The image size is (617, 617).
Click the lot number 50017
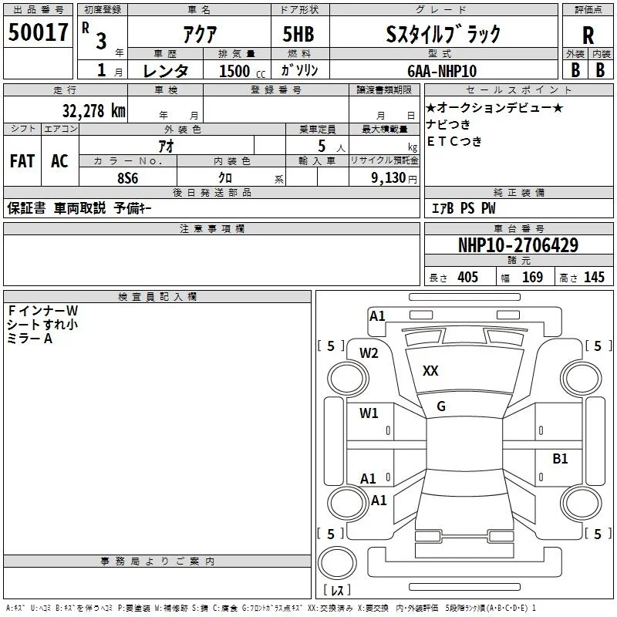[38, 32]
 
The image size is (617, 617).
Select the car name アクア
[200, 34]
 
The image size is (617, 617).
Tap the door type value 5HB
[298, 34]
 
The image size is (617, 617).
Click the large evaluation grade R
[588, 35]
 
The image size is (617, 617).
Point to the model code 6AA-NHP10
[442, 71]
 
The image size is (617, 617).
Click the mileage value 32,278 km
[93, 111]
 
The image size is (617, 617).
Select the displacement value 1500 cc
[242, 71]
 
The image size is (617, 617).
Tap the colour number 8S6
[127, 178]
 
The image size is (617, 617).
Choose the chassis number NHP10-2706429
[518, 245]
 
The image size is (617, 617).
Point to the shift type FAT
[22, 161]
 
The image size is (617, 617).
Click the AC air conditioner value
[60, 161]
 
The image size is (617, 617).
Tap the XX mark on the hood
[430, 371]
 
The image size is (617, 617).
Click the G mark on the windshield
[441, 406]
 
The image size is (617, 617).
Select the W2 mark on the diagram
[369, 353]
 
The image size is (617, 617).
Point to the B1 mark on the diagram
[560, 458]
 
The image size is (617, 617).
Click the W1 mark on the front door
[369, 413]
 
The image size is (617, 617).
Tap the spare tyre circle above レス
[337, 563]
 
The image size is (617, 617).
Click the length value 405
[467, 277]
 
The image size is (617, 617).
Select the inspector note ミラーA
[29, 339]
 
